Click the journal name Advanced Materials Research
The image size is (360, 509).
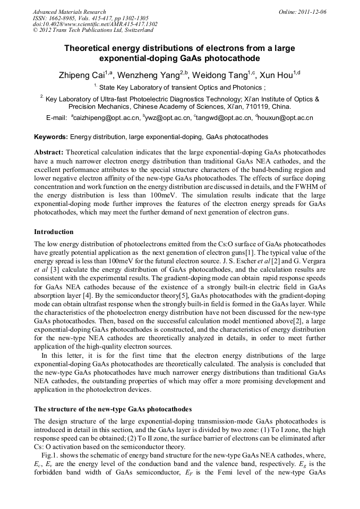pyautogui.click(x=69, y=12)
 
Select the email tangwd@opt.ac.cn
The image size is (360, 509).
pyautogui.click(x=223, y=118)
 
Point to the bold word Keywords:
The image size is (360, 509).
pyautogui.click(x=51, y=137)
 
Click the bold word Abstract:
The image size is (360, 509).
pyautogui.click(x=49, y=152)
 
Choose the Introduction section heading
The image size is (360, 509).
pyautogui.click(x=54, y=232)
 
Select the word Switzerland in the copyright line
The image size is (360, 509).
pyautogui.click(x=136, y=30)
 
